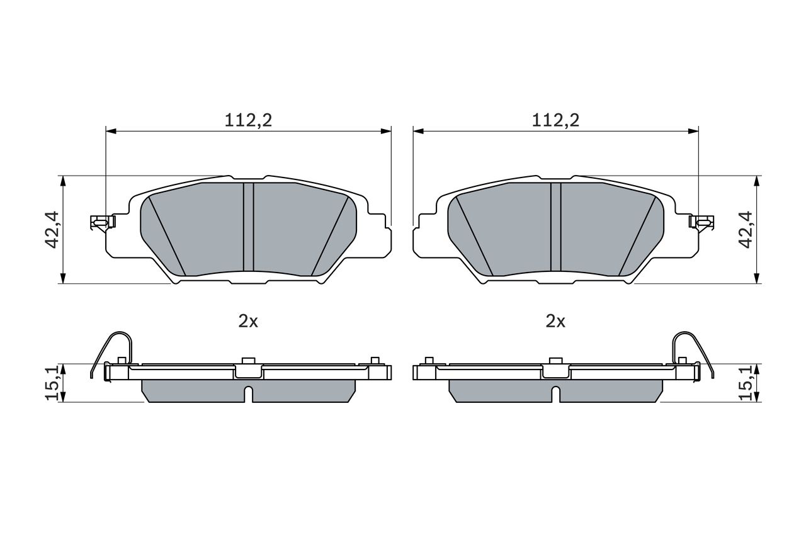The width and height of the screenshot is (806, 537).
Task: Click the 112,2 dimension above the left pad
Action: tap(248, 120)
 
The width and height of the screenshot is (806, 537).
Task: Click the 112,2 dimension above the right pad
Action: tap(555, 120)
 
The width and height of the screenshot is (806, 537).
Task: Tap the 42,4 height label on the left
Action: tap(52, 230)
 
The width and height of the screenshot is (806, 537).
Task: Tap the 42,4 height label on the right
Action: tap(746, 230)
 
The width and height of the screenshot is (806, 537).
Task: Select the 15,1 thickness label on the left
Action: tap(52, 383)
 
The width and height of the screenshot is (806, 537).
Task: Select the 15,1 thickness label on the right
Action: tap(746, 383)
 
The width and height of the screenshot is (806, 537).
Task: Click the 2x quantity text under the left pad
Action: tap(248, 321)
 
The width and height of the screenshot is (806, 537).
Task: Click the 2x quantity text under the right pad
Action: tap(555, 321)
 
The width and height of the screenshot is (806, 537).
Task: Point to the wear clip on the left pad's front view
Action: tap(103, 222)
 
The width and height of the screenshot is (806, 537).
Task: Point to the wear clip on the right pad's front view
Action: tap(701, 222)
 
